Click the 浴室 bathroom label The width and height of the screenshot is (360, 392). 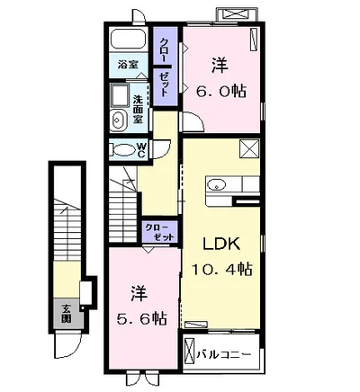pyautogui.click(x=127, y=65)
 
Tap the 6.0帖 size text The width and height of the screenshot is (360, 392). pyautogui.click(x=221, y=91)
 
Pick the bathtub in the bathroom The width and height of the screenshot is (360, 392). pyautogui.click(x=128, y=41)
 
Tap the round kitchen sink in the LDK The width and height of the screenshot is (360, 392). pyautogui.click(x=216, y=186)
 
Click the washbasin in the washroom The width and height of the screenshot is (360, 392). pyautogui.click(x=118, y=121)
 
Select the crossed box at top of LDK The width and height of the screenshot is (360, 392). pyautogui.click(x=249, y=149)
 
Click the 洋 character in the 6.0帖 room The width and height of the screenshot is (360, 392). pyautogui.click(x=220, y=66)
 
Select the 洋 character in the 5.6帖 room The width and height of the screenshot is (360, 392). pyautogui.click(x=138, y=292)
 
